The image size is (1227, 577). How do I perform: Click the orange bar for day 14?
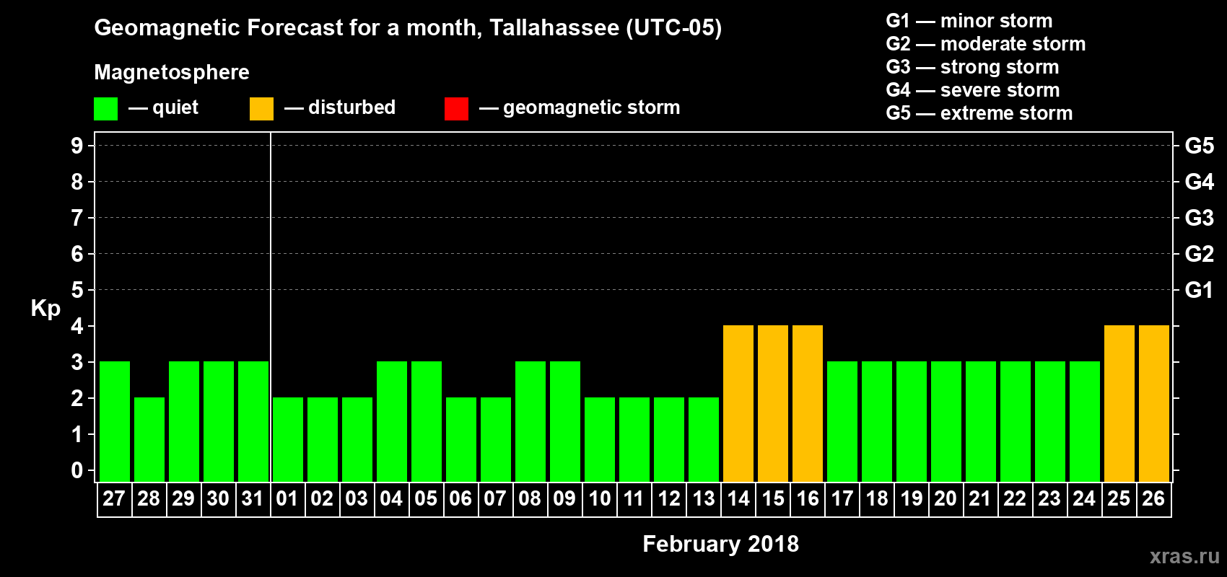point(738,404)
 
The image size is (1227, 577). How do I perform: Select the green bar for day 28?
point(149,439)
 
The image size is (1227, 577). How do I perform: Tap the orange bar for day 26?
point(1154,404)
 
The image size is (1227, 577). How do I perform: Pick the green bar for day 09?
point(565,422)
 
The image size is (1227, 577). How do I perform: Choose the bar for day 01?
point(288,439)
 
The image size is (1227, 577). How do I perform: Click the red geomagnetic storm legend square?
point(456,109)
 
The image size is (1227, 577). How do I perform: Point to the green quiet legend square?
point(106,109)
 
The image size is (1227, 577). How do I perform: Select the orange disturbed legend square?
point(261,109)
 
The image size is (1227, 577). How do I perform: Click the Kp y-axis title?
point(45,309)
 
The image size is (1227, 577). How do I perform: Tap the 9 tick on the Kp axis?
point(77,146)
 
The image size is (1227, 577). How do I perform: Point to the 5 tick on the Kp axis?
point(77,290)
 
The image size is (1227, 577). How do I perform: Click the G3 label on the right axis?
point(1199,218)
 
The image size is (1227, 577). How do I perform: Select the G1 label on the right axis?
point(1199,290)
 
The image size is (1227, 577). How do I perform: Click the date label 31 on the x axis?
point(253,498)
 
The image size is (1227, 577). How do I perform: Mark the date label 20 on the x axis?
point(946,498)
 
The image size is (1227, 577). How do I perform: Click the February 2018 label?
point(720,544)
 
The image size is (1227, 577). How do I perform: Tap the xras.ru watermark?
point(1184,556)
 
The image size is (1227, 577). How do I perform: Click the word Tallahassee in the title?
point(554,28)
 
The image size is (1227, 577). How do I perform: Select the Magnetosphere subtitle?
point(172,72)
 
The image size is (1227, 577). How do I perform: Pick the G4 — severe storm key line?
point(973,90)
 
